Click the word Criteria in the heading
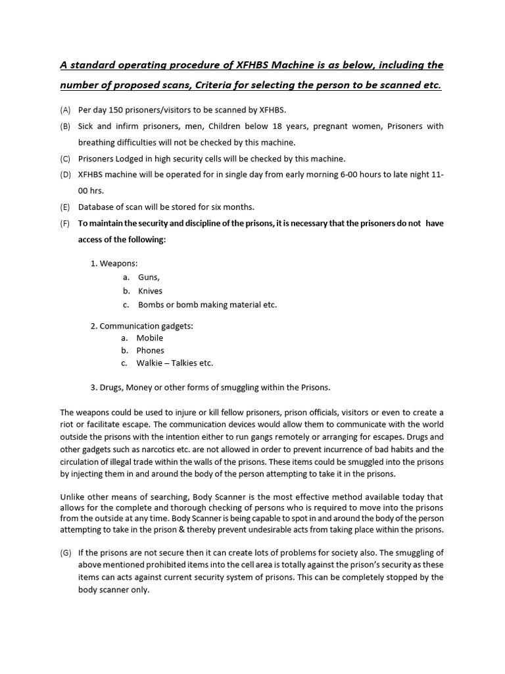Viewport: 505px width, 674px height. coord(218,86)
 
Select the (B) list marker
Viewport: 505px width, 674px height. coord(65,126)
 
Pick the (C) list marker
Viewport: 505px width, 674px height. coord(65,159)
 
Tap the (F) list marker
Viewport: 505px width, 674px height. coord(65,223)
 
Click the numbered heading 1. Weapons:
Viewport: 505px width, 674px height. coord(114,263)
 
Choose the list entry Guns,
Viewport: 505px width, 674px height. coord(149,277)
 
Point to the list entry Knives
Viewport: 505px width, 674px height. coord(150,291)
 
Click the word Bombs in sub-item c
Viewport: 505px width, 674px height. coord(151,305)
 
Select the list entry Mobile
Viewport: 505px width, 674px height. coord(150,338)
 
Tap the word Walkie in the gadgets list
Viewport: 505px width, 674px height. coord(150,363)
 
